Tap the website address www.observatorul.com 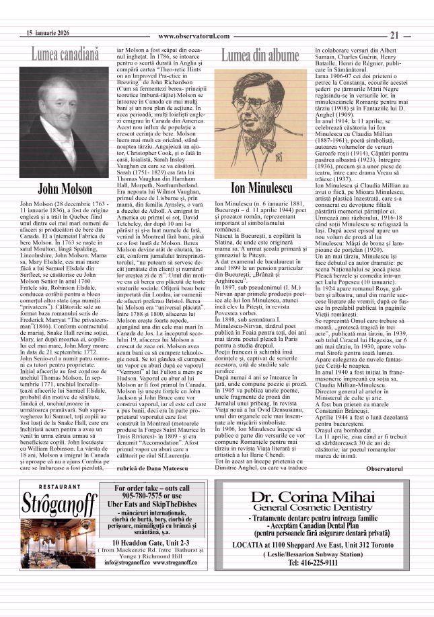(194, 36)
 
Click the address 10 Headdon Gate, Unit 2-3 (151, 560)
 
